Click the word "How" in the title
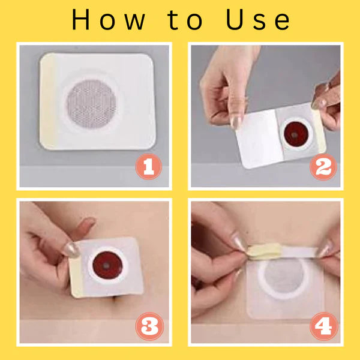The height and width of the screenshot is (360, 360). click(x=109, y=20)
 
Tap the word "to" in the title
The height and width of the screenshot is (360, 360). click(x=185, y=20)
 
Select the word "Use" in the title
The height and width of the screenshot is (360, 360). click(x=258, y=20)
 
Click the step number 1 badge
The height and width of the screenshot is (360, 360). click(x=149, y=167)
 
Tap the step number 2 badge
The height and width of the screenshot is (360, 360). click(x=323, y=167)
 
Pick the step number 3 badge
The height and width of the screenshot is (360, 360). click(x=149, y=326)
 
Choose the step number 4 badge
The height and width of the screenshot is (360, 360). click(x=324, y=326)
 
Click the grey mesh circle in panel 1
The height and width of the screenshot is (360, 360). click(x=91, y=104)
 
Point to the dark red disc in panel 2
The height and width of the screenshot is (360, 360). click(x=296, y=134)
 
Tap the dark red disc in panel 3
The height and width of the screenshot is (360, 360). click(x=107, y=265)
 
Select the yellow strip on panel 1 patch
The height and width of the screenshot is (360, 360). click(x=47, y=101)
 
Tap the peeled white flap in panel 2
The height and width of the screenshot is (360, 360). click(x=259, y=139)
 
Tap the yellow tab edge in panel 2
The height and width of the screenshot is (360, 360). click(x=320, y=131)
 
